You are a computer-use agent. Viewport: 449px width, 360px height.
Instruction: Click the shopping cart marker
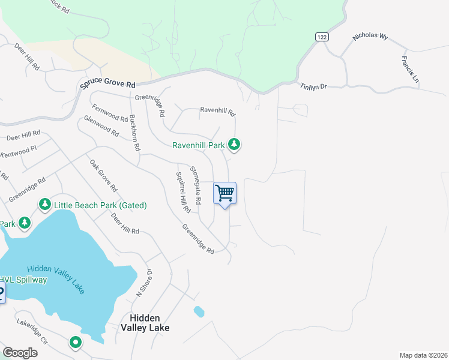pyautogui.click(x=225, y=194)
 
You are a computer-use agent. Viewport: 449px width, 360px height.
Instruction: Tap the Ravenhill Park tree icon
pyautogui.click(x=235, y=145)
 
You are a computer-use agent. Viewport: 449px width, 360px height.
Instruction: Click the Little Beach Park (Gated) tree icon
pyautogui.click(x=44, y=205)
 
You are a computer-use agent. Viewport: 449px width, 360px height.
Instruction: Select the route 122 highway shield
pyautogui.click(x=322, y=37)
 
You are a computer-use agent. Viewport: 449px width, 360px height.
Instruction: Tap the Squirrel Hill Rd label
pyautogui.click(x=182, y=193)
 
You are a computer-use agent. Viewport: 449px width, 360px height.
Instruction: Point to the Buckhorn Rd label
pyautogui.click(x=134, y=132)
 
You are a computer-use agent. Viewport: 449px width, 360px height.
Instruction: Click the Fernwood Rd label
pyautogui.click(x=109, y=113)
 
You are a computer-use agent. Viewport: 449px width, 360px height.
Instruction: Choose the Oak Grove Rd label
pyautogui.click(x=103, y=176)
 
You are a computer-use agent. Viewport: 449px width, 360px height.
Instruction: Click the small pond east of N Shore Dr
pyautogui.click(x=199, y=311)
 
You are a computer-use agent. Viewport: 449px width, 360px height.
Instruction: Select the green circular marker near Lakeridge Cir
pyautogui.click(x=76, y=343)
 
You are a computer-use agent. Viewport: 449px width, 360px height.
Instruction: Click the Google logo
pyautogui.click(x=20, y=353)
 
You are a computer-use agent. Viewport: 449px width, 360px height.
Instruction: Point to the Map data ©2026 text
pyautogui.click(x=423, y=355)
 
